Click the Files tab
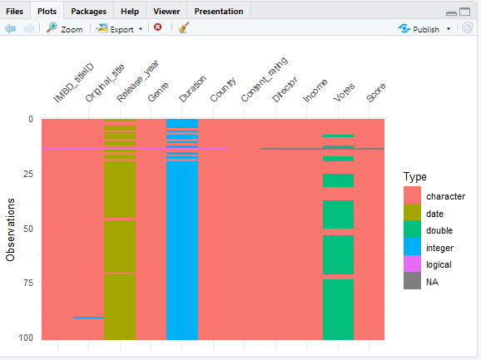coord(15,12)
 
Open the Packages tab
coord(87,12)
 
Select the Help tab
coord(130,12)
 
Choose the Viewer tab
coord(166,12)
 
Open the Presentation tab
coord(218,12)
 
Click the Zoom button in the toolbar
coord(64,28)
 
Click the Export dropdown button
coord(120,28)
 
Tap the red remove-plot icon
coord(158,28)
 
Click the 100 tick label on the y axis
coord(26,338)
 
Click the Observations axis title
coord(11,229)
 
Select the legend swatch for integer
coord(412,247)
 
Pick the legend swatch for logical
coord(412,264)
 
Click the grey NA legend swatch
coord(412,282)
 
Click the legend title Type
coord(414,176)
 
